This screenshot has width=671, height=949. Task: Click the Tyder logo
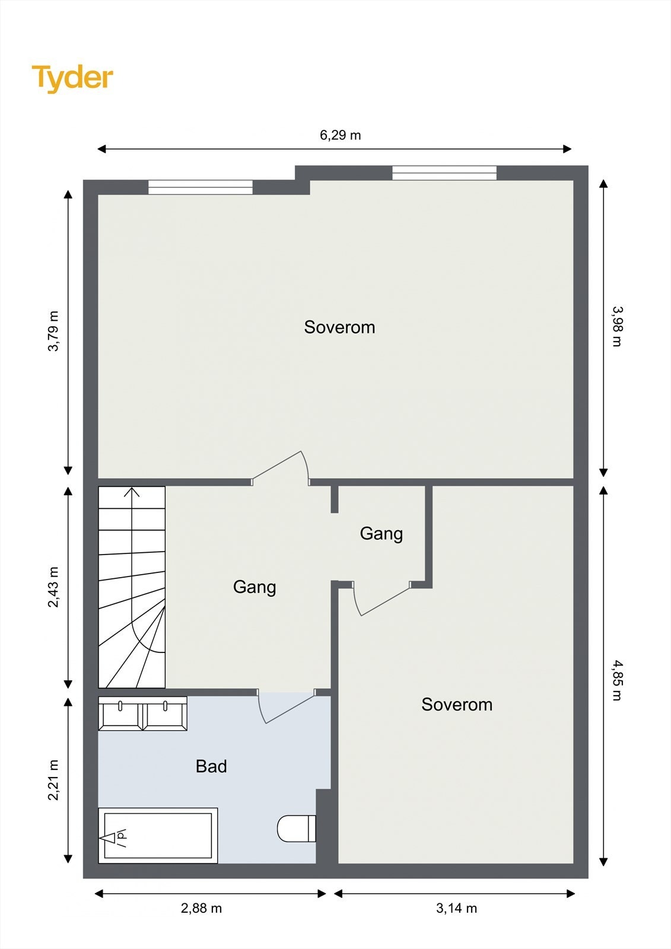coord(72,78)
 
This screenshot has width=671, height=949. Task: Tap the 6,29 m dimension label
coord(340,135)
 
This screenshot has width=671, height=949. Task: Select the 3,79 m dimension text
coord(53,332)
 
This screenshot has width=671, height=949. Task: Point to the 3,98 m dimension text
coord(617,327)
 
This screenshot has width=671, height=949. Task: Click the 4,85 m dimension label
coord(617,680)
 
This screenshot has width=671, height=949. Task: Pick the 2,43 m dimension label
coord(53,587)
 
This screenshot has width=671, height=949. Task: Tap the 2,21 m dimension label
coord(53,780)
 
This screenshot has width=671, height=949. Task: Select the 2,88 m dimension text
coord(201,909)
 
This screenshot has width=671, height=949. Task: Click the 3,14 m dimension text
coord(456,909)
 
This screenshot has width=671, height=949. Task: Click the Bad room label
coord(211,766)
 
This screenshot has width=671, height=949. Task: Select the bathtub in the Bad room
coord(158,836)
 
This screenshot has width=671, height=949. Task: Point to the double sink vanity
coord(142,714)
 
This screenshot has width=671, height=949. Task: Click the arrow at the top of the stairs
coord(132,492)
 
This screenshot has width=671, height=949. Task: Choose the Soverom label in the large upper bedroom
coord(339,327)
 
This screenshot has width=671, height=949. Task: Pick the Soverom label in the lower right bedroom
coord(457,705)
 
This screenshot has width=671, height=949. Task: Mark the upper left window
coord(201,187)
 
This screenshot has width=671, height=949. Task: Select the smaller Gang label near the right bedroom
coord(381,534)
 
